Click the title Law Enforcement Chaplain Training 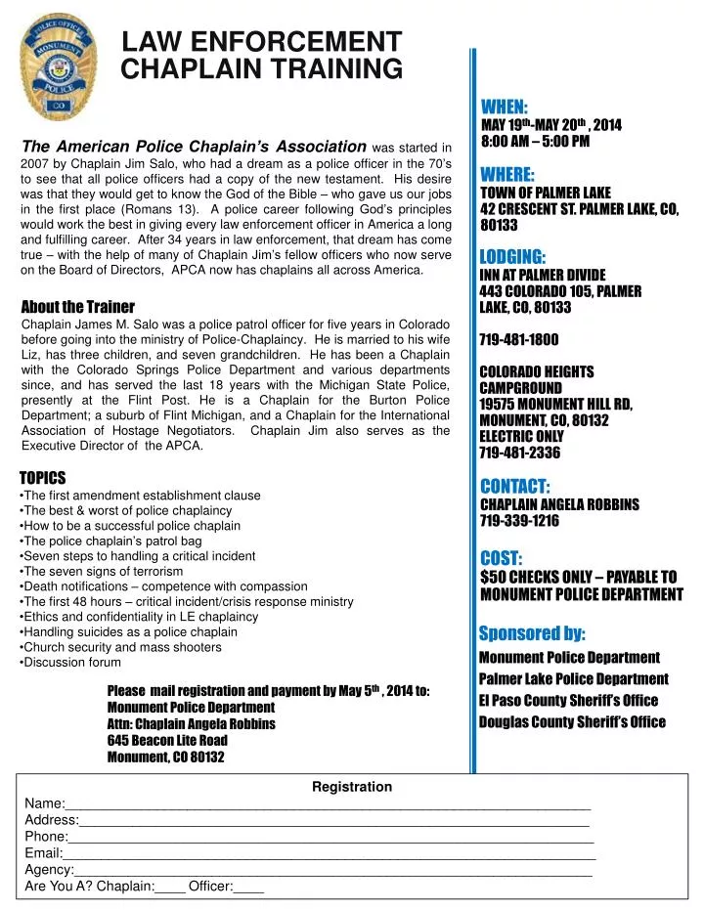tap(261, 56)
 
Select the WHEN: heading tap(505, 107)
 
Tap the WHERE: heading tap(507, 175)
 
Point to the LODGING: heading tap(512, 257)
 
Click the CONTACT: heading tap(515, 487)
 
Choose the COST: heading tap(502, 558)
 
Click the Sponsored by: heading tap(532, 633)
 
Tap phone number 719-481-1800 tap(518, 340)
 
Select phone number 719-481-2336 tap(518, 453)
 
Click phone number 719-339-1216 tap(518, 521)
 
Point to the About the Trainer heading tap(77, 306)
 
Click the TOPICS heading tap(43, 478)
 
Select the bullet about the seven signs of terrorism tap(103, 571)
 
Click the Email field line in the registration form tap(329, 853)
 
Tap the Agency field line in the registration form tap(332, 870)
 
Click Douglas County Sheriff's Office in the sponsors tap(571, 722)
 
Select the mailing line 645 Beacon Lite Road tap(167, 741)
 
